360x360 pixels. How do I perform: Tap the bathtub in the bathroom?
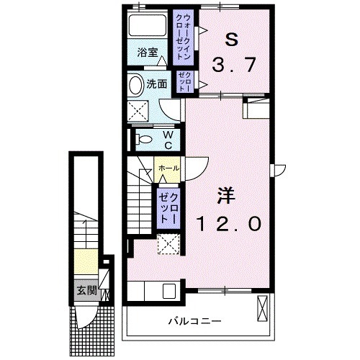(148, 27)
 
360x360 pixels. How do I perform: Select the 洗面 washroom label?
(158, 84)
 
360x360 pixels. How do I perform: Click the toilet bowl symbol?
(142, 139)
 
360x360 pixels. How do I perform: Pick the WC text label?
(166, 139)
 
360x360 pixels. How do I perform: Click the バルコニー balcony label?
(196, 320)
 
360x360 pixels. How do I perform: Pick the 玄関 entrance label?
(86, 291)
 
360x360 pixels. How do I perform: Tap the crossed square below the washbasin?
(138, 110)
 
